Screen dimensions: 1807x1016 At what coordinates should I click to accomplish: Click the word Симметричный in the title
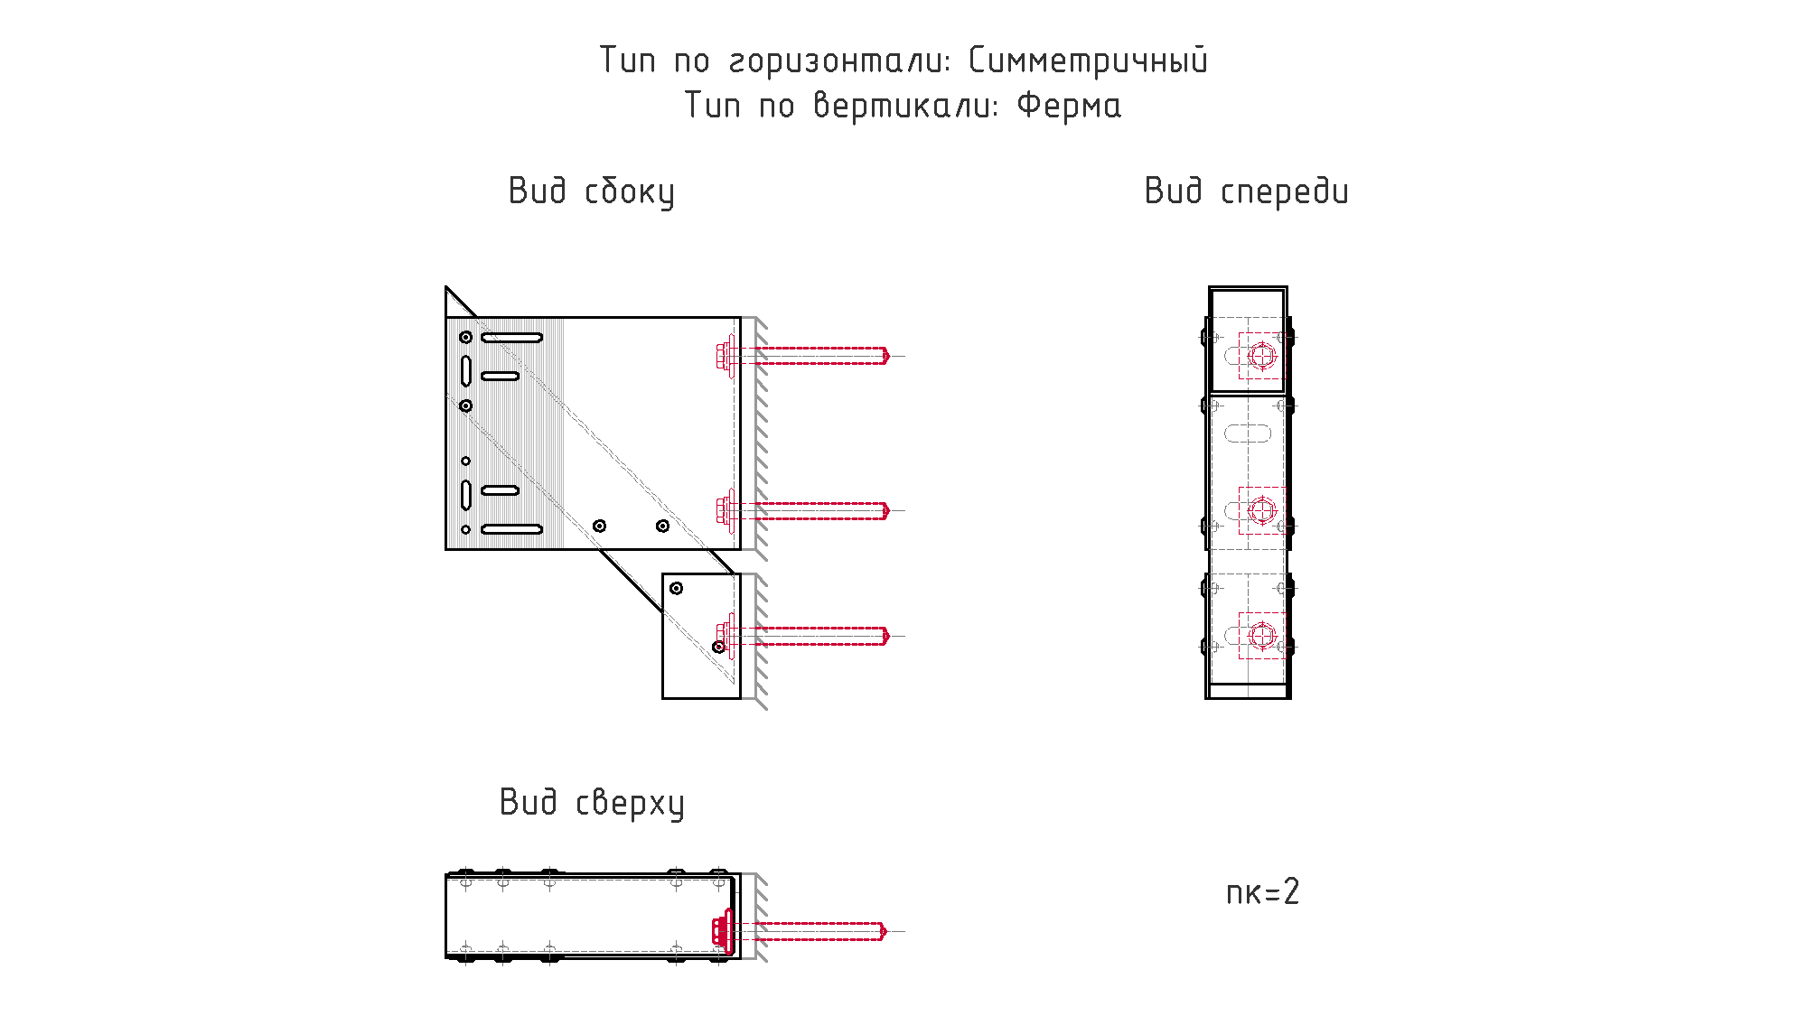click(1088, 61)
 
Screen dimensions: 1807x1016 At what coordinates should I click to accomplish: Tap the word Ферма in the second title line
click(1069, 106)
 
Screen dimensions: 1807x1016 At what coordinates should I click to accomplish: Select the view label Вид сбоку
click(592, 191)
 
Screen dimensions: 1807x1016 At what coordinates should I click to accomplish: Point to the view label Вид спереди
click(1247, 191)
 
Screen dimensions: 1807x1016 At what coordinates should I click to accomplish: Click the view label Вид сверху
click(592, 803)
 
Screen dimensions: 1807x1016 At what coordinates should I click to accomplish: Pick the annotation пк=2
click(1262, 892)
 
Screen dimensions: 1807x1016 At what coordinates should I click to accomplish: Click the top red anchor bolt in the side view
click(804, 356)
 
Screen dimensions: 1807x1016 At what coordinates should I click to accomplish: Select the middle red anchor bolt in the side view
click(804, 510)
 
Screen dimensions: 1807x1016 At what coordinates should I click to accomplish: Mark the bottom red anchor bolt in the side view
click(804, 636)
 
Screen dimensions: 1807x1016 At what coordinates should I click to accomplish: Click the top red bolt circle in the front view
click(1262, 356)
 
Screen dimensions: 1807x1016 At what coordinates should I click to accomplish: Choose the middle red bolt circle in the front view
click(1262, 510)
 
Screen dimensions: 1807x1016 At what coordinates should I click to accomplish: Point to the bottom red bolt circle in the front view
click(1262, 636)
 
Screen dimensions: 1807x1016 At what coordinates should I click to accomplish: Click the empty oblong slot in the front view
click(1248, 433)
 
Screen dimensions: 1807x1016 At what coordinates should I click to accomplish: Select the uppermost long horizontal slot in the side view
click(511, 338)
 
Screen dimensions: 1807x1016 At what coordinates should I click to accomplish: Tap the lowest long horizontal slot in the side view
click(511, 529)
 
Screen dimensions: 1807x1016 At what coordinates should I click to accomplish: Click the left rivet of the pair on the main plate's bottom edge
click(599, 526)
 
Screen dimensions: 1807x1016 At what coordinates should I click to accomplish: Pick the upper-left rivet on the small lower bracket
click(676, 588)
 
